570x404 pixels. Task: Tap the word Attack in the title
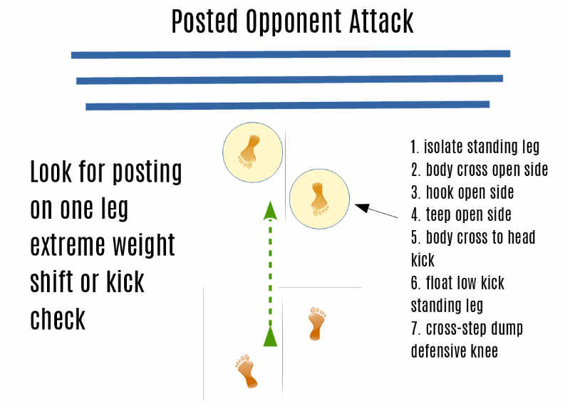(381, 21)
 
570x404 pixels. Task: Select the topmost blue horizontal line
(291, 54)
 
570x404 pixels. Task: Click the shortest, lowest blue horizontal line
(288, 105)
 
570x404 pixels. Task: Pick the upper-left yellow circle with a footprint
(253, 152)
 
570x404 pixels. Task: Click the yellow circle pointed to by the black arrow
(319, 199)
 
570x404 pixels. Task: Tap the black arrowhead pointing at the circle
(363, 207)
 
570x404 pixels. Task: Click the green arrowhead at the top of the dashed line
(270, 210)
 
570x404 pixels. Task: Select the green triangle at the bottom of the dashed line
(270, 336)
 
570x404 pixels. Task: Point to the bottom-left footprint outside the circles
(247, 371)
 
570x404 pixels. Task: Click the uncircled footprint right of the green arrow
(316, 323)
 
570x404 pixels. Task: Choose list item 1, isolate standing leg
(475, 147)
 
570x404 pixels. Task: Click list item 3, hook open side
(462, 192)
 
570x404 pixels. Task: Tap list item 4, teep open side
(461, 215)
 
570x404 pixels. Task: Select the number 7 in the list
(415, 328)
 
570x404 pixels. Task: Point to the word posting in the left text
(147, 172)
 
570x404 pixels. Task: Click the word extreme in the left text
(68, 245)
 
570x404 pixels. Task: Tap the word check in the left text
(58, 318)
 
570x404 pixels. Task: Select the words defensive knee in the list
(455, 351)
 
